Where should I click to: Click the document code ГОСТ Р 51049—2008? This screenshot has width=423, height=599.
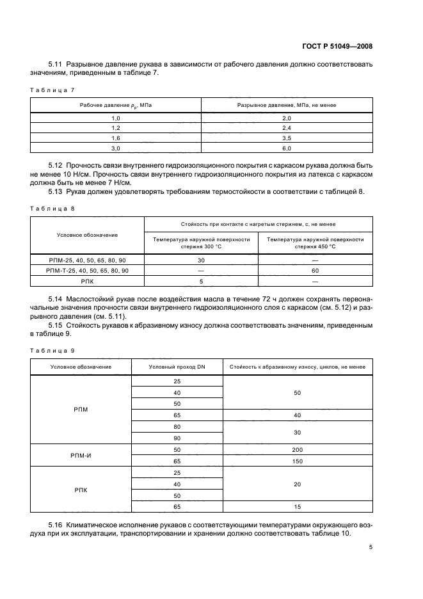337,46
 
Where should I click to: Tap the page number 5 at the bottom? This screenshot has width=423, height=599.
371,547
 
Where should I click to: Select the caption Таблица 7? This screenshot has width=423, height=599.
53,90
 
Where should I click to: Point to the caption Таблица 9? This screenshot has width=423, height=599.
53,350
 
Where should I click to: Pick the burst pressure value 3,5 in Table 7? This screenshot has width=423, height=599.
287,138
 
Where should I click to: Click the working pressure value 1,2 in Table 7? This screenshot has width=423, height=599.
116,128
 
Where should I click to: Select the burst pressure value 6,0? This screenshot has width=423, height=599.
287,148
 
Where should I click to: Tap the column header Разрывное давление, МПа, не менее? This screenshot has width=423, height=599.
287,104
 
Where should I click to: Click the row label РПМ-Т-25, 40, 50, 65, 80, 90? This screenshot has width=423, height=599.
88,271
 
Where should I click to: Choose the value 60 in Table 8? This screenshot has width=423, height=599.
315,271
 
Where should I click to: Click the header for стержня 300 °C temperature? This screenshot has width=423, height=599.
202,243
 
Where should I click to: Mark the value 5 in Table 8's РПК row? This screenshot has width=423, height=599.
202,281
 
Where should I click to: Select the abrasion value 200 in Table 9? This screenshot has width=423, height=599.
297,450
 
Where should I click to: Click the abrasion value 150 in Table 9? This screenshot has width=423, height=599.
297,461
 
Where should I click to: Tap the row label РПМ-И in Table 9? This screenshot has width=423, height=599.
80,456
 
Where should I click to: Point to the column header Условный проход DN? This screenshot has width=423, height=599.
177,367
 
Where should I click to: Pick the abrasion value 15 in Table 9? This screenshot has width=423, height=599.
297,507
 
